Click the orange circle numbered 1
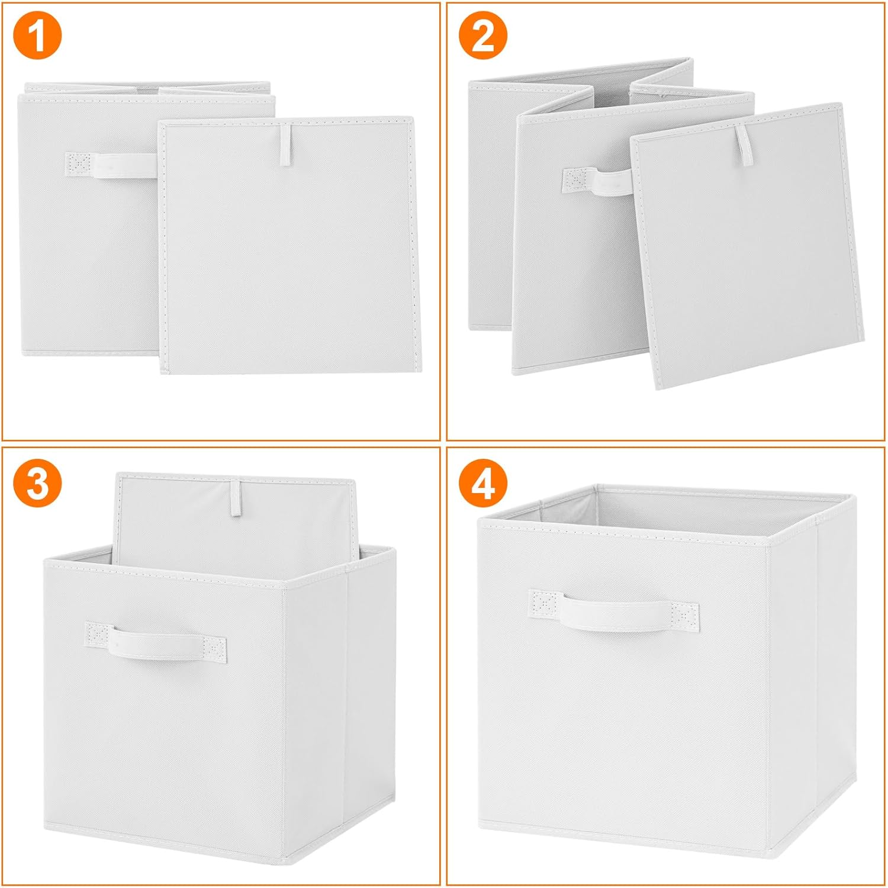tap(37, 37)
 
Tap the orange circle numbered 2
tap(483, 37)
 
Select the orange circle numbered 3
tap(37, 483)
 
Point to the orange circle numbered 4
tap(483, 483)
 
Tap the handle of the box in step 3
tap(156, 642)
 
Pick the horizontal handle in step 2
tap(597, 181)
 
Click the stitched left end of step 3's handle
tap(98, 635)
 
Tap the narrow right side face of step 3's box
tap(370, 699)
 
